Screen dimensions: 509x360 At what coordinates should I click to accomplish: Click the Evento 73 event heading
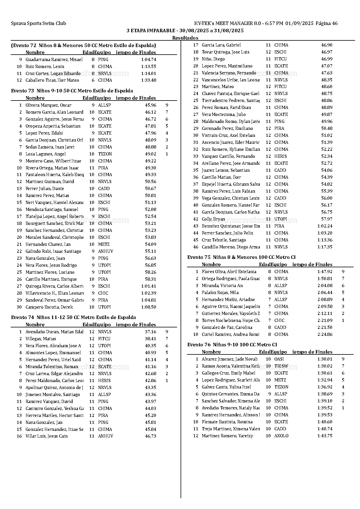click(x=72, y=91)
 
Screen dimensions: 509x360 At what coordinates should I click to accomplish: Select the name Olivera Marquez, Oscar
click(x=48, y=105)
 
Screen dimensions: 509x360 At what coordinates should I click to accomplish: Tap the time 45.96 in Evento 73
click(x=150, y=105)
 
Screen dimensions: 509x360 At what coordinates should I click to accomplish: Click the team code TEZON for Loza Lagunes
click(x=105, y=154)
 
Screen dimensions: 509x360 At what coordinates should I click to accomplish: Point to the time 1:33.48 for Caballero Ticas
click(x=149, y=80)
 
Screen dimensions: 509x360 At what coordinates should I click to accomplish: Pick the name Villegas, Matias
click(x=41, y=339)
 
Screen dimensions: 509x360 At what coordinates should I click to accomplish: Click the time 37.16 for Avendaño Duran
click(x=150, y=332)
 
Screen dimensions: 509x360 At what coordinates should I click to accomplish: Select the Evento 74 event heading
click(x=73, y=318)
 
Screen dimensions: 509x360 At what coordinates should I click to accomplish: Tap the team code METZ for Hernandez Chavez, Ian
click(x=104, y=244)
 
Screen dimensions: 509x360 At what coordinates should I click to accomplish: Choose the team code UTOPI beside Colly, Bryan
click(x=280, y=219)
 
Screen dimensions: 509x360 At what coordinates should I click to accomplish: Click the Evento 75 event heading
click(x=241, y=257)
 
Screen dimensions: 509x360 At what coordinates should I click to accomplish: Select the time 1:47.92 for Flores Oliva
click(x=325, y=272)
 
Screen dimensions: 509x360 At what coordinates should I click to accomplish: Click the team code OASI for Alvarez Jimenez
click(x=279, y=359)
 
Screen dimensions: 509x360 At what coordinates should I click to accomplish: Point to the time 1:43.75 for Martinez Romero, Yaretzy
click(x=325, y=436)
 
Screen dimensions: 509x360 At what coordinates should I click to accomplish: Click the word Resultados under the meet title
click(x=185, y=38)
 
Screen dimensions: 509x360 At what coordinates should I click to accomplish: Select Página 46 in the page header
click(x=327, y=24)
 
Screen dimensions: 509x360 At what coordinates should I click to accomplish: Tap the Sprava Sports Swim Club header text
click(x=38, y=24)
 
